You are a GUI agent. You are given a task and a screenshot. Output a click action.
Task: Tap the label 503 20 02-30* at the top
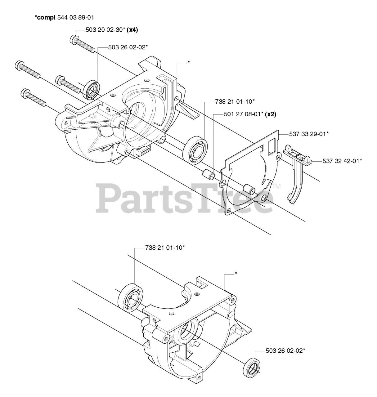point(105,30)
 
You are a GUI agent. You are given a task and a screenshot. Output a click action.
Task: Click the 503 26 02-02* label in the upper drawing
point(128,47)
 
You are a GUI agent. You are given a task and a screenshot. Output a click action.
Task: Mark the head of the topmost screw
point(74,39)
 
